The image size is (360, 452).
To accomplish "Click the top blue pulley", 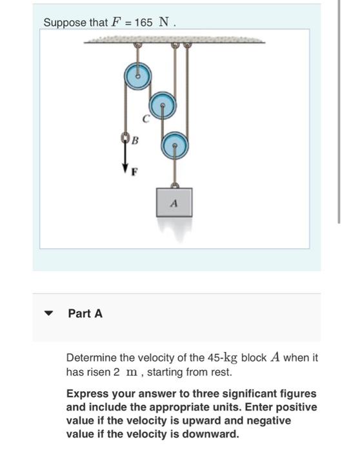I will [137, 75].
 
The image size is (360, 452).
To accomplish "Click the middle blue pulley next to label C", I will [162, 104].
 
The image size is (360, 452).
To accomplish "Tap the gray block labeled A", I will [174, 201].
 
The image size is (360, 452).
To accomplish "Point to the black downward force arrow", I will [125, 158].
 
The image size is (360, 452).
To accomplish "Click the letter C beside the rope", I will [146, 118].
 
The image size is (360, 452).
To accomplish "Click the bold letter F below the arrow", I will [134, 172].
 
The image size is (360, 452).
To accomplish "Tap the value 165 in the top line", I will [144, 23].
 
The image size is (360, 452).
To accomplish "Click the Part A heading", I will [85, 314].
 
